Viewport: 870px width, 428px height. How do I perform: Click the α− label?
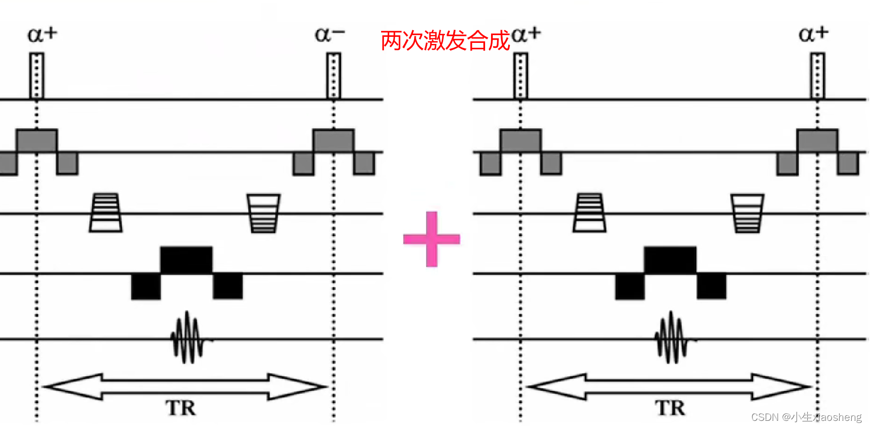329,35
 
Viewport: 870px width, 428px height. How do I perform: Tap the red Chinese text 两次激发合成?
445,41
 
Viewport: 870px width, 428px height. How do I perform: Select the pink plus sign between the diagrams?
432,239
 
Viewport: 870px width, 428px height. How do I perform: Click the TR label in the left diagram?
181,408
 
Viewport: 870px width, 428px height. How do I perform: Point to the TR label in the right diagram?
670,408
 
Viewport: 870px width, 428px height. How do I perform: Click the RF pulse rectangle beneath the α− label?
333,76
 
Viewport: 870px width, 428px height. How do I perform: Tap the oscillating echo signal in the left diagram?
188,338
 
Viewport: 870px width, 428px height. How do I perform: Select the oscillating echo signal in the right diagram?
671,338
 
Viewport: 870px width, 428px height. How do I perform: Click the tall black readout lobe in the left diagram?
186,260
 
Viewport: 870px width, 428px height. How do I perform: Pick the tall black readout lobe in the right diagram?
670,260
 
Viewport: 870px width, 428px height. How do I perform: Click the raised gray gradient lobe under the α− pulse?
333,141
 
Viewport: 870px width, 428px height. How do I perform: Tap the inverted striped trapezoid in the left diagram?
263,213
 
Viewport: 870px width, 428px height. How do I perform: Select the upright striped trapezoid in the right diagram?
590,213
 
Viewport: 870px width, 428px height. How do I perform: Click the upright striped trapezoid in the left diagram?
106,213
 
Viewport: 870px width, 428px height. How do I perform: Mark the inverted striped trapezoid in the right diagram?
747,213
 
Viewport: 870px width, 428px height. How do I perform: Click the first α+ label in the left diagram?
42,35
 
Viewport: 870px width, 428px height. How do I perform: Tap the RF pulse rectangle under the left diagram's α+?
36,76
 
